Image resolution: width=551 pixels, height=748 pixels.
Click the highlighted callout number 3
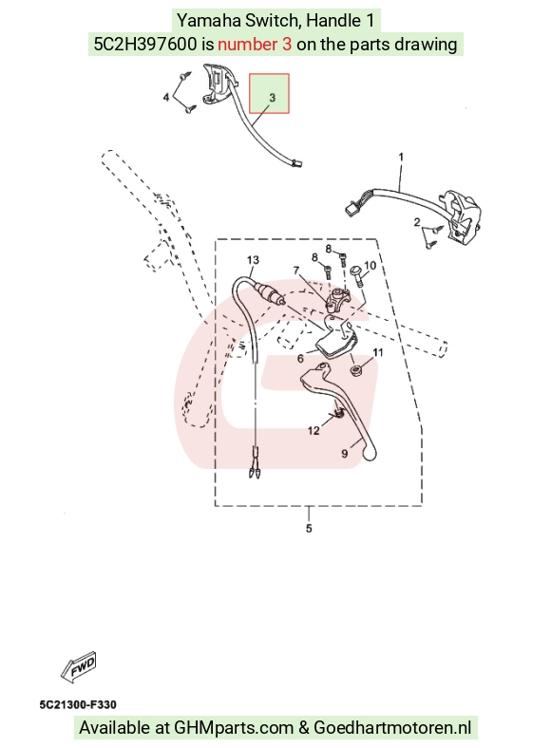click(x=272, y=98)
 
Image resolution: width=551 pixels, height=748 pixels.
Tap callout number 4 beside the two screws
click(x=166, y=98)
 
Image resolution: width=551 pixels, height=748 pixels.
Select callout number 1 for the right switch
click(x=401, y=157)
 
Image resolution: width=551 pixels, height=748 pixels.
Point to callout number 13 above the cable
click(x=253, y=260)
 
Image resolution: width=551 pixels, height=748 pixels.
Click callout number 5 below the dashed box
click(x=309, y=529)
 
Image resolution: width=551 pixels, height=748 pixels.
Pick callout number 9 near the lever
click(x=345, y=454)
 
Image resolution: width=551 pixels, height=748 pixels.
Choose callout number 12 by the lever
click(x=313, y=431)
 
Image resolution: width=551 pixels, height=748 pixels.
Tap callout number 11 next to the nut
click(x=378, y=352)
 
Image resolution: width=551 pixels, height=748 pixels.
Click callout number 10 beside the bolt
click(x=370, y=266)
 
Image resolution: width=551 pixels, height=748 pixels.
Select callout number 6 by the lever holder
click(x=300, y=358)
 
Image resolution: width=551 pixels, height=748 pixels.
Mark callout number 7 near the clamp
click(x=296, y=271)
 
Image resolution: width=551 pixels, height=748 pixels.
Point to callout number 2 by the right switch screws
click(x=417, y=222)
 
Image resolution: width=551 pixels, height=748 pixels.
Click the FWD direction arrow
click(x=79, y=666)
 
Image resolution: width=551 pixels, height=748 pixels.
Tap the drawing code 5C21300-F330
click(x=78, y=704)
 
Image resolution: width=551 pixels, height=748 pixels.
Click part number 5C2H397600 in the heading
click(x=145, y=45)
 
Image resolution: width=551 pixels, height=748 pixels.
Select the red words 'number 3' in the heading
click(x=255, y=45)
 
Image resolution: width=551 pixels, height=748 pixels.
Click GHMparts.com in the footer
click(x=234, y=728)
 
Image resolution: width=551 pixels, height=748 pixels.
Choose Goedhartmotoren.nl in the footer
click(x=392, y=728)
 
